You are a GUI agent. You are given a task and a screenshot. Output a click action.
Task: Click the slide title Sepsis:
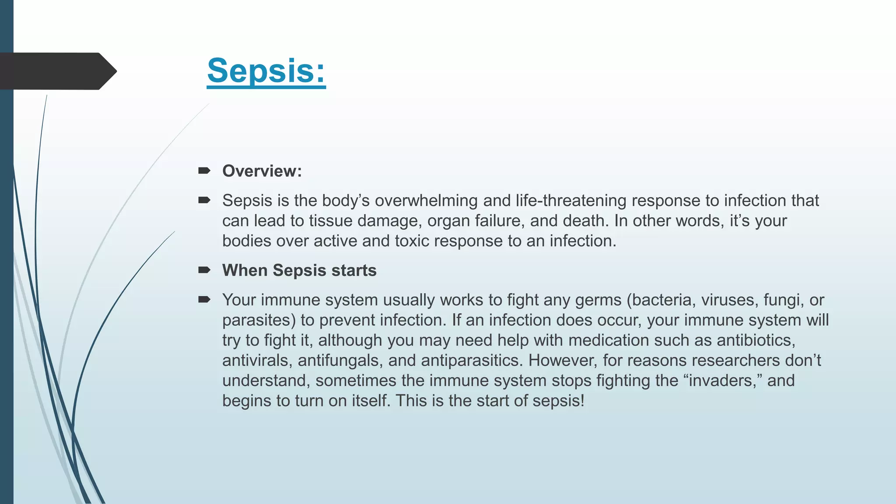(x=266, y=71)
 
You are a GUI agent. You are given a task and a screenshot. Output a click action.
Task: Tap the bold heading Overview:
(x=262, y=171)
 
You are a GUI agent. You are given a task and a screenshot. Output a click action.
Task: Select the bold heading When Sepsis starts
(x=299, y=270)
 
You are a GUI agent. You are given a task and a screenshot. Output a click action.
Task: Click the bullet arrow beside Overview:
(x=204, y=171)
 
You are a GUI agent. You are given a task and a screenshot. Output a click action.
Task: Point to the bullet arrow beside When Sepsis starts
(x=204, y=270)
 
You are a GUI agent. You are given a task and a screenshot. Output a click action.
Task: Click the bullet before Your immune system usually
(x=204, y=300)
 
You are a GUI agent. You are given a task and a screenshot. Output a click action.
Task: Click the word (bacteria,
(x=661, y=300)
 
